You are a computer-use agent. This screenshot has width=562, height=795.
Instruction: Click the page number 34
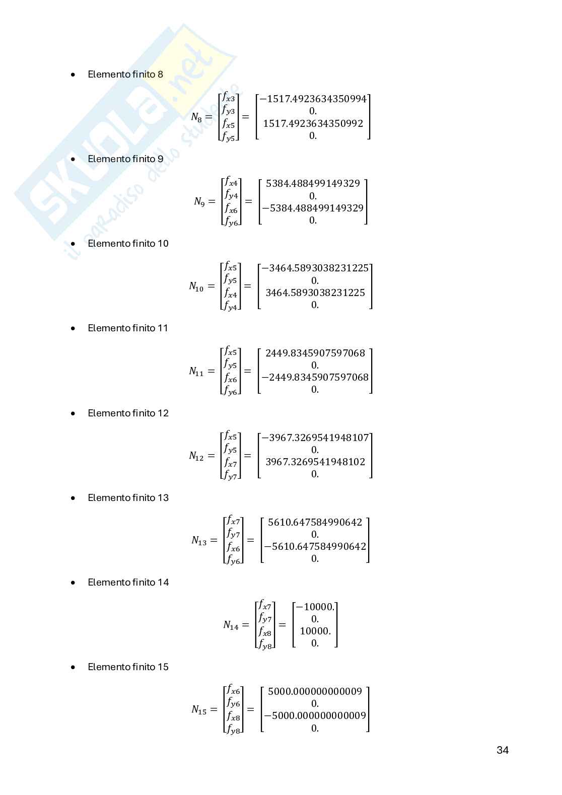(502, 750)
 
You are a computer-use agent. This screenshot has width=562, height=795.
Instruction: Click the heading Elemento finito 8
(125, 75)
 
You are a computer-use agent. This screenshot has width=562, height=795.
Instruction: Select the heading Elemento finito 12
(128, 413)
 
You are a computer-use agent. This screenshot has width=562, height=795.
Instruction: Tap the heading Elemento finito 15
(128, 667)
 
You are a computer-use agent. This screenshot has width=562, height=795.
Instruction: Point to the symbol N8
(196, 117)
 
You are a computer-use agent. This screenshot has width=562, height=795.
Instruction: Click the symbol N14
(231, 625)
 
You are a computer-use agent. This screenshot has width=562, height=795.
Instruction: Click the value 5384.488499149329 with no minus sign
(313, 183)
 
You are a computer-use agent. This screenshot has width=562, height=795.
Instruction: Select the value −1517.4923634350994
(313, 99)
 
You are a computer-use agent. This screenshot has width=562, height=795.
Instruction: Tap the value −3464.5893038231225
(315, 268)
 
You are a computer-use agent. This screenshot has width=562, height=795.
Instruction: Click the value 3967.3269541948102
(315, 462)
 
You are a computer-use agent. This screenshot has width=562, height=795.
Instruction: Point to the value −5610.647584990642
(315, 546)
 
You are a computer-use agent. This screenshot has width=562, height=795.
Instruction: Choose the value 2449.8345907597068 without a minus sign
(315, 353)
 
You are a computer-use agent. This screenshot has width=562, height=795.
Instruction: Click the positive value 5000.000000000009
(315, 691)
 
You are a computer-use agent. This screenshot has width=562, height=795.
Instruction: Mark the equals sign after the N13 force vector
(251, 540)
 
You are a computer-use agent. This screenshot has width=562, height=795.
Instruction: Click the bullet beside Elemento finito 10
(74, 244)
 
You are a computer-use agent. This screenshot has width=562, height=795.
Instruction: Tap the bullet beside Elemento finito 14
(74, 583)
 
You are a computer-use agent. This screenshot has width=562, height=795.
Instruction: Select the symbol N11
(196, 372)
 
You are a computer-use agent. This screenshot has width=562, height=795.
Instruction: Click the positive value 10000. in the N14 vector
(315, 631)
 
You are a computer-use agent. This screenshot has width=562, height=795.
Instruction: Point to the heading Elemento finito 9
(125, 159)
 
